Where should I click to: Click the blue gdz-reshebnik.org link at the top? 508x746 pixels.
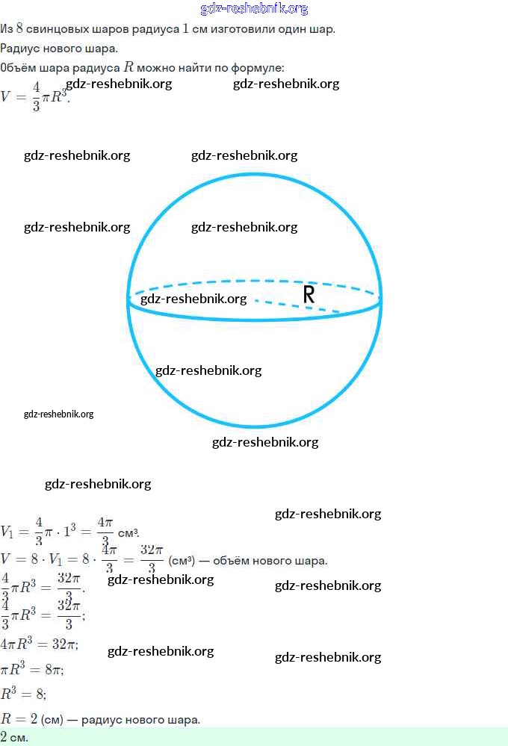tap(254, 9)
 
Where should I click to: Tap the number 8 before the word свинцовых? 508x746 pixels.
tap(20, 29)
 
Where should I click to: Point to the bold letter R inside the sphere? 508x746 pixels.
tap(309, 295)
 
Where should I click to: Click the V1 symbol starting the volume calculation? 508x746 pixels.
tap(7, 532)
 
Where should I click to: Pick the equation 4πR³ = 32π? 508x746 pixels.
tap(39, 644)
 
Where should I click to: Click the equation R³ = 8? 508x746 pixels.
tap(23, 694)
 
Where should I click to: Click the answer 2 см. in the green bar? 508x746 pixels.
tap(14, 737)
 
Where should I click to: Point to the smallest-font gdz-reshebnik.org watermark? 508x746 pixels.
tap(58, 414)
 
